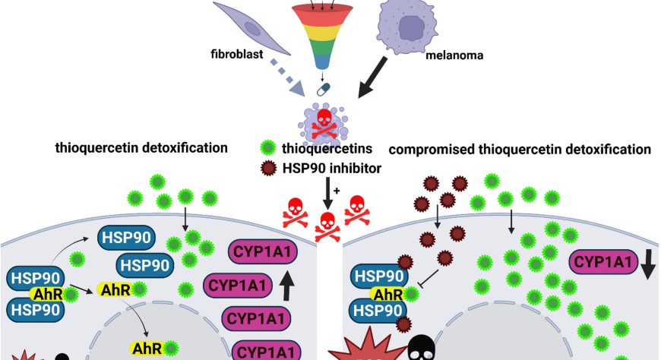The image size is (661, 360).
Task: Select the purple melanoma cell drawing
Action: point(410,27)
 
